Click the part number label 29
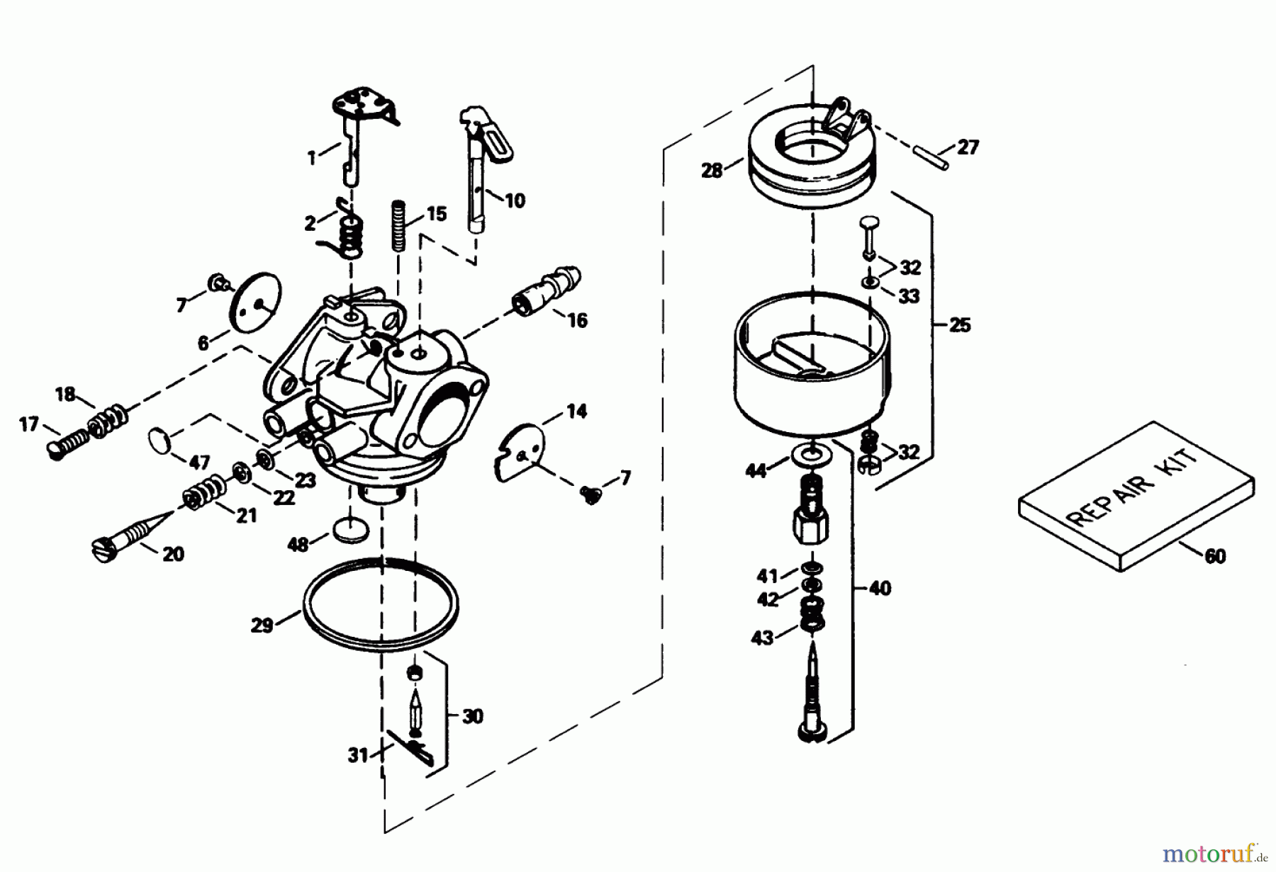pyautogui.click(x=262, y=626)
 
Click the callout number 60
pyautogui.click(x=1215, y=557)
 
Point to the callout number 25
pyautogui.click(x=960, y=326)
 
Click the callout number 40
pyautogui.click(x=880, y=589)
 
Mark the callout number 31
pyautogui.click(x=357, y=756)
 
